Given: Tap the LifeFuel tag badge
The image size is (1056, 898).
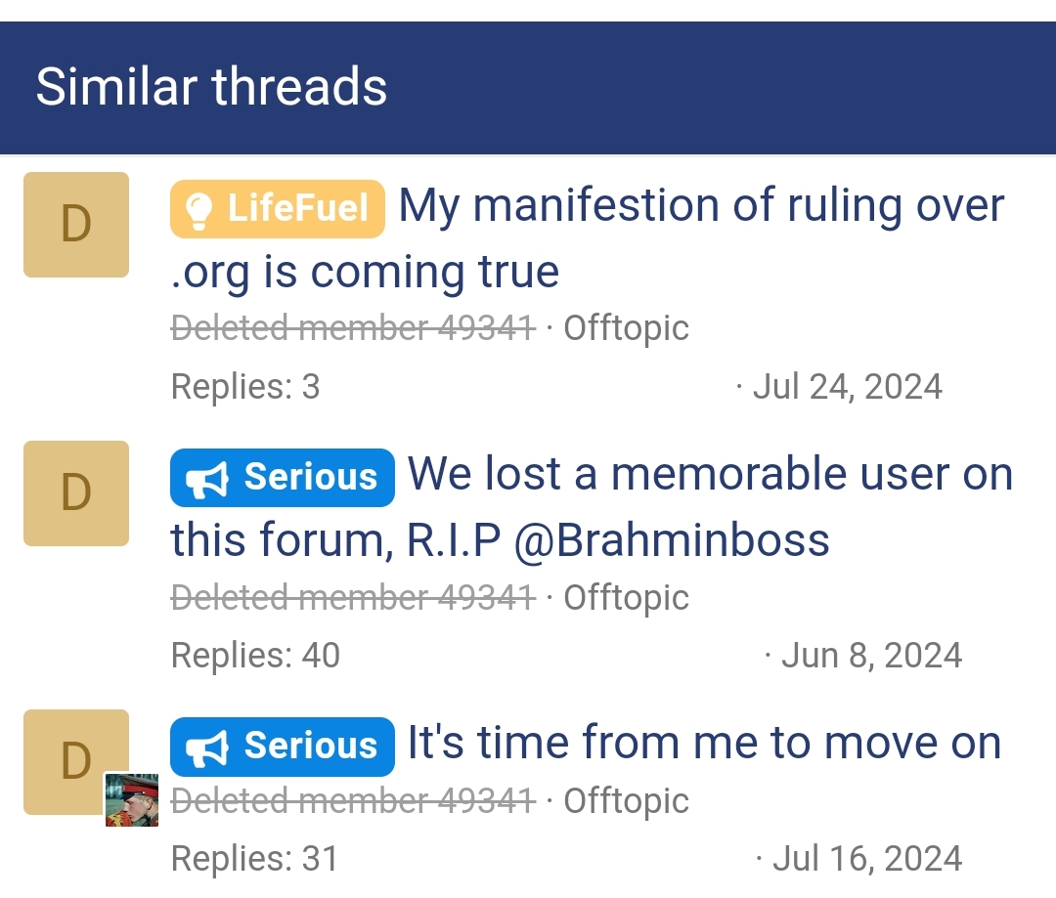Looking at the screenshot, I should (278, 208).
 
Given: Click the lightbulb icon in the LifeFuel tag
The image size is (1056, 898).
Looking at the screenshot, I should (198, 209).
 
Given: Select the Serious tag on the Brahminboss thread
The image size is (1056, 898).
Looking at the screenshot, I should (283, 477).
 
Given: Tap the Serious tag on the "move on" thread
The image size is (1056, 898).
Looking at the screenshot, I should (283, 746).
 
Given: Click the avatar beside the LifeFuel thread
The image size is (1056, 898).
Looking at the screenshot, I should (76, 225).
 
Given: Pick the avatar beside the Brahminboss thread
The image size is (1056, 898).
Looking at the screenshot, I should (76, 493).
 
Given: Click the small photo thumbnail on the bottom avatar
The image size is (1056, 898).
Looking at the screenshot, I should (132, 799).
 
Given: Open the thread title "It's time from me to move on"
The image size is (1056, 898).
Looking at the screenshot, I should (704, 743).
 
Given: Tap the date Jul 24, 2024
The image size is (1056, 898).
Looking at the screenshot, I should (847, 387).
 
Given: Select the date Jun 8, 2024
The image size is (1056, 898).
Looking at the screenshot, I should (871, 656).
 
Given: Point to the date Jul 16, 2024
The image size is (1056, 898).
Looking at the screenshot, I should (866, 859).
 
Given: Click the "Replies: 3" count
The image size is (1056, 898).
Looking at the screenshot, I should (245, 387).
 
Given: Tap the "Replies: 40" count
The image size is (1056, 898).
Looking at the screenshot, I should (255, 656).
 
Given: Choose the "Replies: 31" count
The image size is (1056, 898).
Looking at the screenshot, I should (254, 859).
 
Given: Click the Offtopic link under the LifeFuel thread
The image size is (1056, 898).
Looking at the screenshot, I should (626, 328).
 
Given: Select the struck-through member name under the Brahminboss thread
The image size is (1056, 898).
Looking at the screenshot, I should (353, 597).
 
